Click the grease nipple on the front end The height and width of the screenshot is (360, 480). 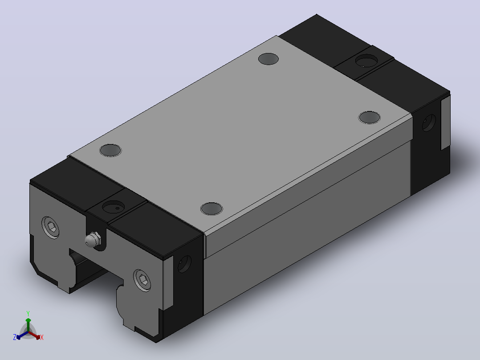pyautogui.click(x=92, y=240)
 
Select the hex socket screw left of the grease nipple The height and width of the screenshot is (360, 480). pyautogui.click(x=50, y=228)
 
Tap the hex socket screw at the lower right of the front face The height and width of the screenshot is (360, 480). pyautogui.click(x=142, y=280)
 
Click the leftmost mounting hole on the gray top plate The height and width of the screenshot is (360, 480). pyautogui.click(x=110, y=150)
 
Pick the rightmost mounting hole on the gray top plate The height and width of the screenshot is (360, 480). pyautogui.click(x=369, y=117)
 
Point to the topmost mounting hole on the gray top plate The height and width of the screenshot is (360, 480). pyautogui.click(x=268, y=59)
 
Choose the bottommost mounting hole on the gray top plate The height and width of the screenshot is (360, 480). pyautogui.click(x=212, y=209)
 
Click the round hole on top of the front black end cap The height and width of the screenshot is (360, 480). pyautogui.click(x=113, y=207)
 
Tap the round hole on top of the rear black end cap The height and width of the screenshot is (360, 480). pyautogui.click(x=366, y=61)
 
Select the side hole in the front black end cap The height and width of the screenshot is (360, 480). pyautogui.click(x=184, y=264)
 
